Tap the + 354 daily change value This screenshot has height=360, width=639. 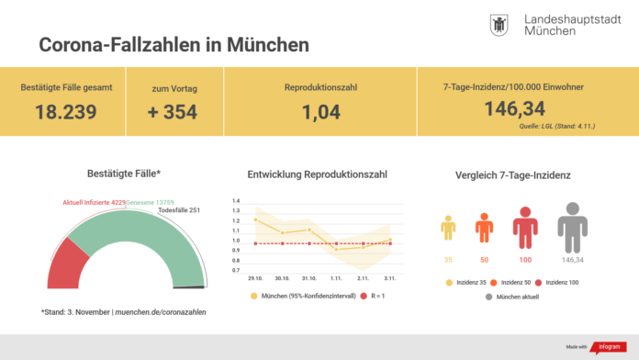(174, 111)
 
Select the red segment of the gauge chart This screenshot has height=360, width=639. (65, 267)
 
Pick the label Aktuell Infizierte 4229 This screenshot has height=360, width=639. (93, 202)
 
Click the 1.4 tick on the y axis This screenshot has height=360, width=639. (236, 200)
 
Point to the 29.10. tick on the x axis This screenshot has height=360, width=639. (254, 278)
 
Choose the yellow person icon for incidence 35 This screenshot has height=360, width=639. (448, 230)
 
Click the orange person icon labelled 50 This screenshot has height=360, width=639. (484, 228)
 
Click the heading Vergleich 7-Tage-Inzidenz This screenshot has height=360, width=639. (512, 174)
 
